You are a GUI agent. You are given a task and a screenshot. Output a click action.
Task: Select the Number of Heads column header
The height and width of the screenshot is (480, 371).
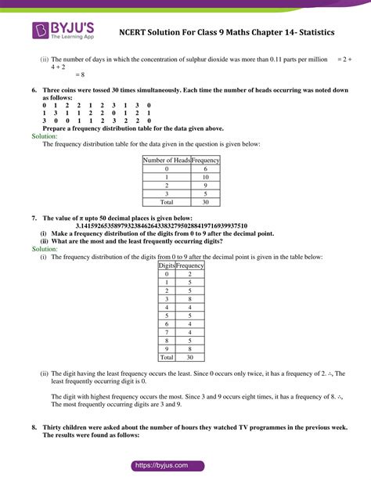click(167, 160)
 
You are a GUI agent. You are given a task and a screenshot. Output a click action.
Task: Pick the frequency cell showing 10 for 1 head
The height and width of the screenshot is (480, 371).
click(206, 177)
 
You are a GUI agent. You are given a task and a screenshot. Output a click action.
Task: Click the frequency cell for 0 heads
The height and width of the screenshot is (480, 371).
click(206, 168)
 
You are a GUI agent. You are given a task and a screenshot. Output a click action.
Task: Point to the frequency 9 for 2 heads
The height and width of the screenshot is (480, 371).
click(206, 186)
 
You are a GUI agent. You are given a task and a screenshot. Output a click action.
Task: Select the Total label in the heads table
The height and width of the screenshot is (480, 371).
click(167, 203)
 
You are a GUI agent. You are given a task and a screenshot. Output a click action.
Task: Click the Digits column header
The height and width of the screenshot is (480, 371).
click(167, 265)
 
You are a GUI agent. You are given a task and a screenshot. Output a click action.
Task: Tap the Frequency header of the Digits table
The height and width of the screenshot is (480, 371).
click(190, 265)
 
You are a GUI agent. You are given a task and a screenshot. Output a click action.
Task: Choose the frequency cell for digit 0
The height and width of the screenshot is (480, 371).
click(190, 274)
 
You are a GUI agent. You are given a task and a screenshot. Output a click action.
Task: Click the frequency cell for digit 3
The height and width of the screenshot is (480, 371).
click(190, 299)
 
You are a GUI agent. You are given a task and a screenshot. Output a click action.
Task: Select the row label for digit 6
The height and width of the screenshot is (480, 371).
click(167, 324)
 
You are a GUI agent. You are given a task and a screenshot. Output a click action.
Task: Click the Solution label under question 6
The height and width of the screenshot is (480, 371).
click(40, 135)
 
